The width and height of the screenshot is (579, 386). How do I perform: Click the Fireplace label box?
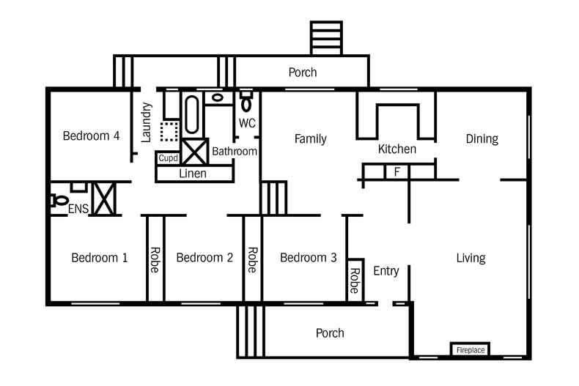471,349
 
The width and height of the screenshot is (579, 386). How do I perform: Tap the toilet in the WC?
246,101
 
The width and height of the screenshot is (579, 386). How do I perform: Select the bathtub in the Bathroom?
191,114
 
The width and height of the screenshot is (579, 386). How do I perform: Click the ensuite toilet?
59,201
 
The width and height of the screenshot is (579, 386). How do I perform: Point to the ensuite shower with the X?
103,199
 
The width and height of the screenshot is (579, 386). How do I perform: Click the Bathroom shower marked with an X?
195,152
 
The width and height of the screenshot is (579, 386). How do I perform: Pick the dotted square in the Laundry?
169,131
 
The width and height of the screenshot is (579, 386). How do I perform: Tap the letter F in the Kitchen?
397,171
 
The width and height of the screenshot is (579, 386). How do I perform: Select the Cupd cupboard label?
168,158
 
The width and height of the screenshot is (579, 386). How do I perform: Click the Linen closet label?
192,174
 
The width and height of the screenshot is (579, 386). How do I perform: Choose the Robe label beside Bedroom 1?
155,260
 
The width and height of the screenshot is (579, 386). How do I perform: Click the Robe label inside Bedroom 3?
355,281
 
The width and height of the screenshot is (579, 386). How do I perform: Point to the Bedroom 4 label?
91,136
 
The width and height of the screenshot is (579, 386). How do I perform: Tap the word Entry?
386,271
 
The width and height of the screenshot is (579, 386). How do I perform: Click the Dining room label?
482,138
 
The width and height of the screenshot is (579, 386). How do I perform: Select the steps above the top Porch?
326,38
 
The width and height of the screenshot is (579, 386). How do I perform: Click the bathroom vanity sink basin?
218,98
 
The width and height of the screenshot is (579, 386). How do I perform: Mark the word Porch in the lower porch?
330,333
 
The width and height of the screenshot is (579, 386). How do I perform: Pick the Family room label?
311,138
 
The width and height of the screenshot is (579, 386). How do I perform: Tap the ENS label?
78,209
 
